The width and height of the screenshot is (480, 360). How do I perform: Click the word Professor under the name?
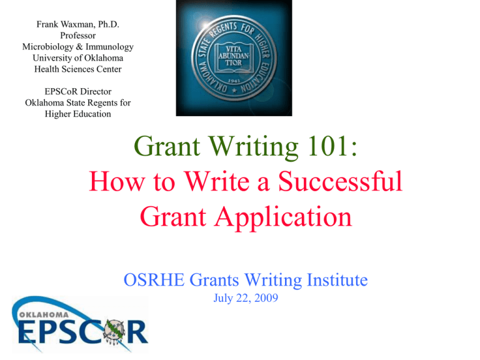(x=77, y=36)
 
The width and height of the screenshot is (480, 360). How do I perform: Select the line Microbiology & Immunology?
(x=77, y=47)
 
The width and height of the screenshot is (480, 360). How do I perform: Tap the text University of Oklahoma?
(x=77, y=58)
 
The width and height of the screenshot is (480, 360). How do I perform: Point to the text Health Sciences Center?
(x=77, y=69)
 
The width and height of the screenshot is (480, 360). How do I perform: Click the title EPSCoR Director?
(x=77, y=91)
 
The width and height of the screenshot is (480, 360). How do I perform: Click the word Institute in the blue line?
(x=334, y=281)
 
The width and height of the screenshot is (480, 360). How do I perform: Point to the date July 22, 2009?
(x=242, y=299)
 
